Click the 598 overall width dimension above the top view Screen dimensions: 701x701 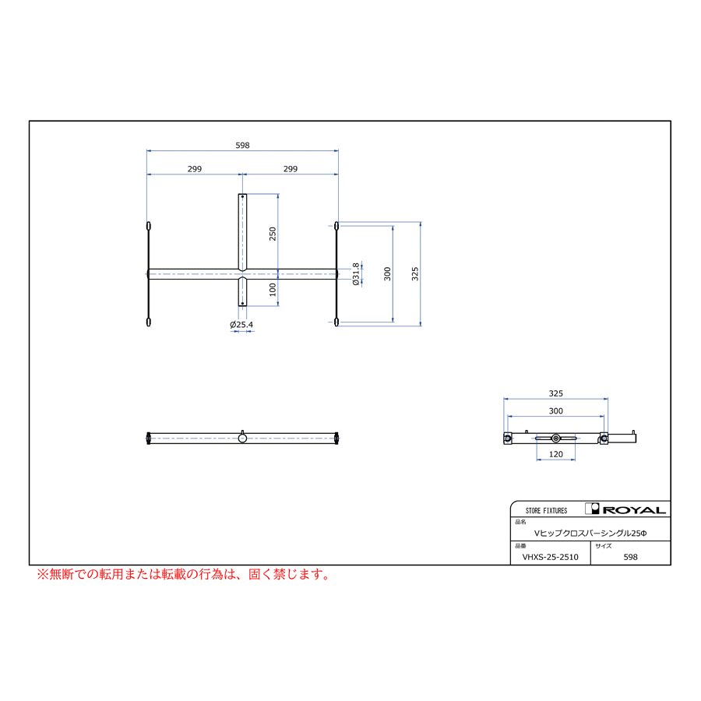242,146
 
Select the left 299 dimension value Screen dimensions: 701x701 195,169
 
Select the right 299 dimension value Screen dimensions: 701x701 291,169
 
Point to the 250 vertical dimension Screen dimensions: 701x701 273,234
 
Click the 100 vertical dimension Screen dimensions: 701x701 273,290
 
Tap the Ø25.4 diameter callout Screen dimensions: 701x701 241,325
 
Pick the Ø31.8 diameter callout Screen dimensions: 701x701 356,274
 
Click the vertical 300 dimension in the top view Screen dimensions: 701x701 387,273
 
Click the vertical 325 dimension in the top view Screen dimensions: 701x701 415,273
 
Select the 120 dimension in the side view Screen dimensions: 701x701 555,454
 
